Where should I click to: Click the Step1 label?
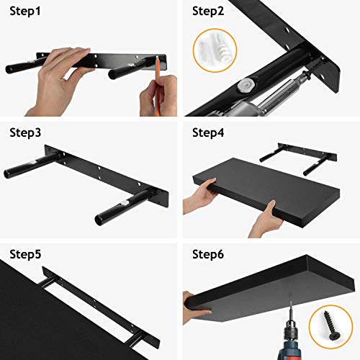25,12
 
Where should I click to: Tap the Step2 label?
208,12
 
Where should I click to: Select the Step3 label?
25,133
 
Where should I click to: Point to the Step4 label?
208,133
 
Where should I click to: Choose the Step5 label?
25,254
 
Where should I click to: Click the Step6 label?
208,254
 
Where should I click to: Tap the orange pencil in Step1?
158,86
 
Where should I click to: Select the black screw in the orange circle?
330,325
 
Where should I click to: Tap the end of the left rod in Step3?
8,174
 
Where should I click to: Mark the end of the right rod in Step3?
99,220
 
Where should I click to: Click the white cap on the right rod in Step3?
125,203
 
